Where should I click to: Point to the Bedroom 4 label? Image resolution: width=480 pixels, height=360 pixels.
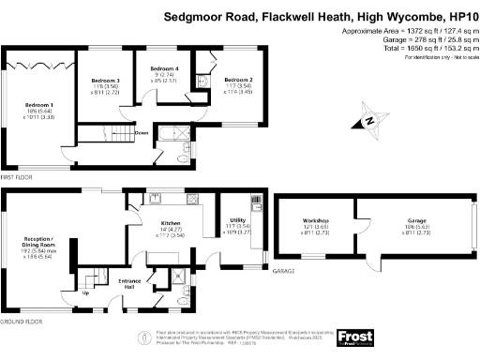164,68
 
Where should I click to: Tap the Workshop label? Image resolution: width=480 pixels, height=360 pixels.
315,220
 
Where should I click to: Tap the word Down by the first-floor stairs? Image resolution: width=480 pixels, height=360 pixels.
141,132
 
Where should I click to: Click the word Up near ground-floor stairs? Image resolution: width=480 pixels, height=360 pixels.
86,292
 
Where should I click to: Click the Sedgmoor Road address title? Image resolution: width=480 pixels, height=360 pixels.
319,16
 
